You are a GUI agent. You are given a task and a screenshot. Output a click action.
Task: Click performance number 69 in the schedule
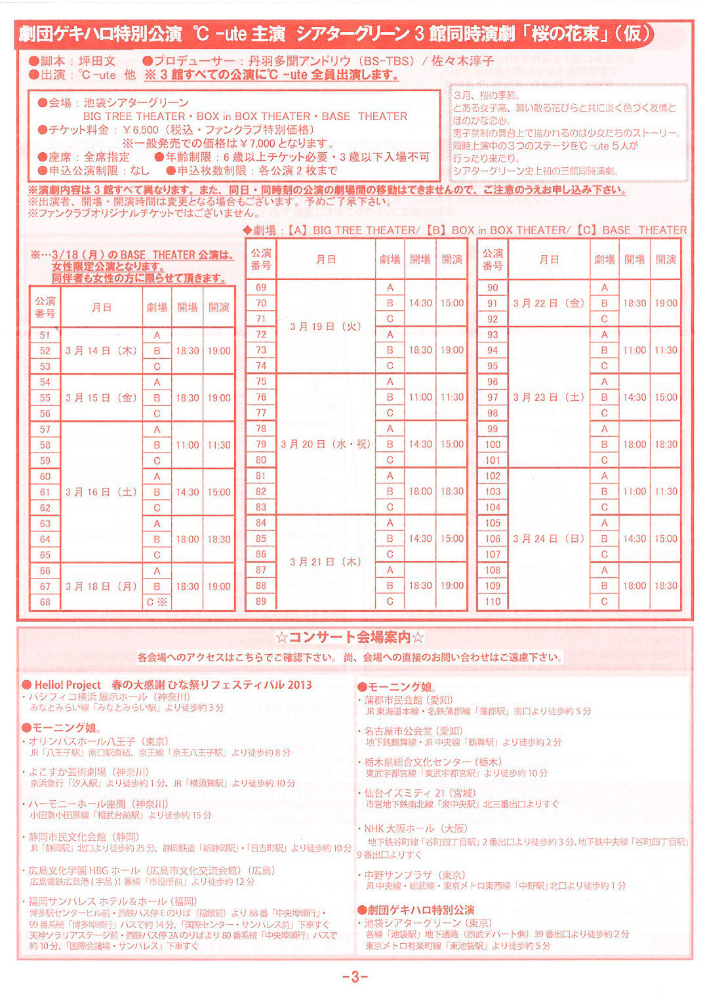261,287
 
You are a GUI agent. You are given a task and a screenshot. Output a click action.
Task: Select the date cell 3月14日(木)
102,351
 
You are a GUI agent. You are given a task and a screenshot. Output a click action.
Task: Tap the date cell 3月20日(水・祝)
325,444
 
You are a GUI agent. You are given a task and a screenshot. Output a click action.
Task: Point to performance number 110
493,601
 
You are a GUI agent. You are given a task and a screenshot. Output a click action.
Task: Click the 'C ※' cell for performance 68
157,602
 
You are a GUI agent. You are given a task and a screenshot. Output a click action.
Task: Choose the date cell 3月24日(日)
549,538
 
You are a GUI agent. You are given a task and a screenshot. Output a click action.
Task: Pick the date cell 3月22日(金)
549,303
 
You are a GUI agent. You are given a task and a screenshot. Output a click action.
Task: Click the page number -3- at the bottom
355,977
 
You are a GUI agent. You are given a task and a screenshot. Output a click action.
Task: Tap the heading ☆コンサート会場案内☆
350,637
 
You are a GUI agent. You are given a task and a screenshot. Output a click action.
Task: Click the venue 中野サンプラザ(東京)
414,875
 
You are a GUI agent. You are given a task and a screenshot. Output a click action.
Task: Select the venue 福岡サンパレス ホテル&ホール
113,901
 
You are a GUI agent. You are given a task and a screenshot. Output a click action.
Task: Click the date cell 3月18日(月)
102,586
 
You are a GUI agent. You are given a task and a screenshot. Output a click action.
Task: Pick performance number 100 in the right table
493,445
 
